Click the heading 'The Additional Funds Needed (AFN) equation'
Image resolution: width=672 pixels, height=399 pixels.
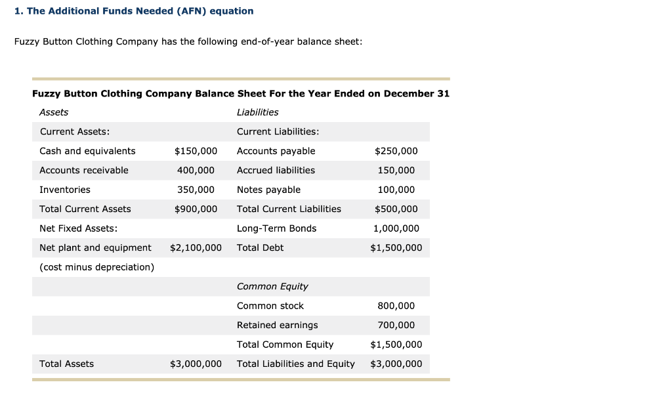[140, 11]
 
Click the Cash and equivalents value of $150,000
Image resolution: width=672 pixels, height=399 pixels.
[196, 151]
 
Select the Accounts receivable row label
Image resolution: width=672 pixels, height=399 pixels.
[84, 170]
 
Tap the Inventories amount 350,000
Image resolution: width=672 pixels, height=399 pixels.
[196, 190]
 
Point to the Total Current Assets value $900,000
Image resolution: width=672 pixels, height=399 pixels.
[196, 209]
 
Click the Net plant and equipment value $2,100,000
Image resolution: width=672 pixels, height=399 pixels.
[196, 247]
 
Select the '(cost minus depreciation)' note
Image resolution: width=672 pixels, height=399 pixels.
[97, 267]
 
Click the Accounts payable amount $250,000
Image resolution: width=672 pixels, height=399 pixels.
[396, 151]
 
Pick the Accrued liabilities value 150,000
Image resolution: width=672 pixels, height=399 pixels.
[396, 170]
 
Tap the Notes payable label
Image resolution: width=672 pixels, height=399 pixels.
[268, 190]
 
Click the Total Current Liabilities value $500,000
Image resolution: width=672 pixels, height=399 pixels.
[396, 209]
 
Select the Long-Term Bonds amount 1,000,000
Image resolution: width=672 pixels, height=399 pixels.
[396, 228]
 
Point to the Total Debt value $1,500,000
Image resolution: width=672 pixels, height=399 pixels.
[396, 247]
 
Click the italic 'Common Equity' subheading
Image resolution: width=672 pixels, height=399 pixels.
[272, 286]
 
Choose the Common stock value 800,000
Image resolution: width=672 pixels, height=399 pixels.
[396, 306]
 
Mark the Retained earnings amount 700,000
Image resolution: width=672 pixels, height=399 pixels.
[396, 325]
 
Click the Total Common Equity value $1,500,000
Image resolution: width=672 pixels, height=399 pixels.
[396, 345]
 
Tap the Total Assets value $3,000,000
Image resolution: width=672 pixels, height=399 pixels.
[196, 364]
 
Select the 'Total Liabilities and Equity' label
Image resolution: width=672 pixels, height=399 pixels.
[295, 364]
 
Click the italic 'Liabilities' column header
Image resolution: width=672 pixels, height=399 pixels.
[257, 112]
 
